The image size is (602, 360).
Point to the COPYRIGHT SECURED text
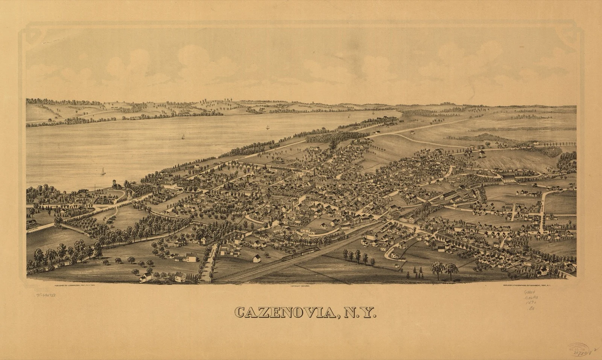pyautogui.click(x=300, y=286)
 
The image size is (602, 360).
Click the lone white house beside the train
pyautogui.click(x=257, y=258)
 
